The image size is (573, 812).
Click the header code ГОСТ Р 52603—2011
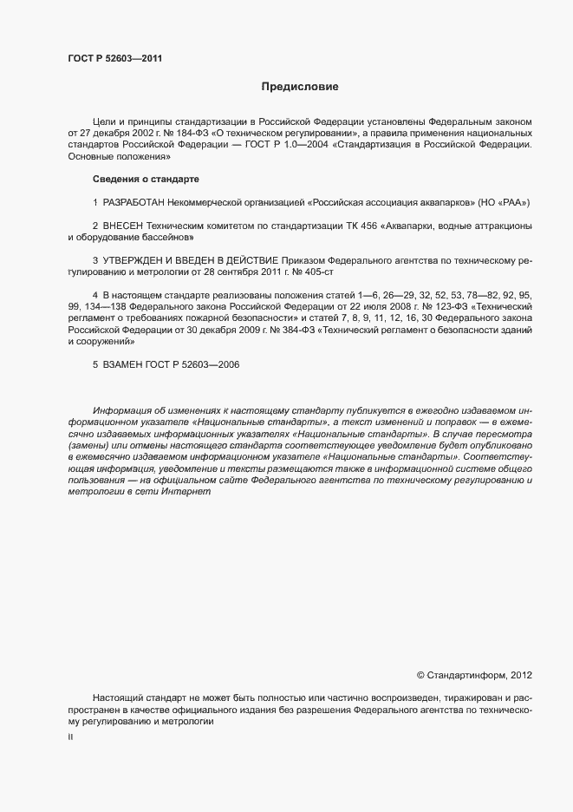point(114,59)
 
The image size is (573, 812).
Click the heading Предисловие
point(300,87)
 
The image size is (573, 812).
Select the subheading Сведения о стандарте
point(146,179)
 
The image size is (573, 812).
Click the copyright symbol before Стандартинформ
point(421,674)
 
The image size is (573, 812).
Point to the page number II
point(70,737)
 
